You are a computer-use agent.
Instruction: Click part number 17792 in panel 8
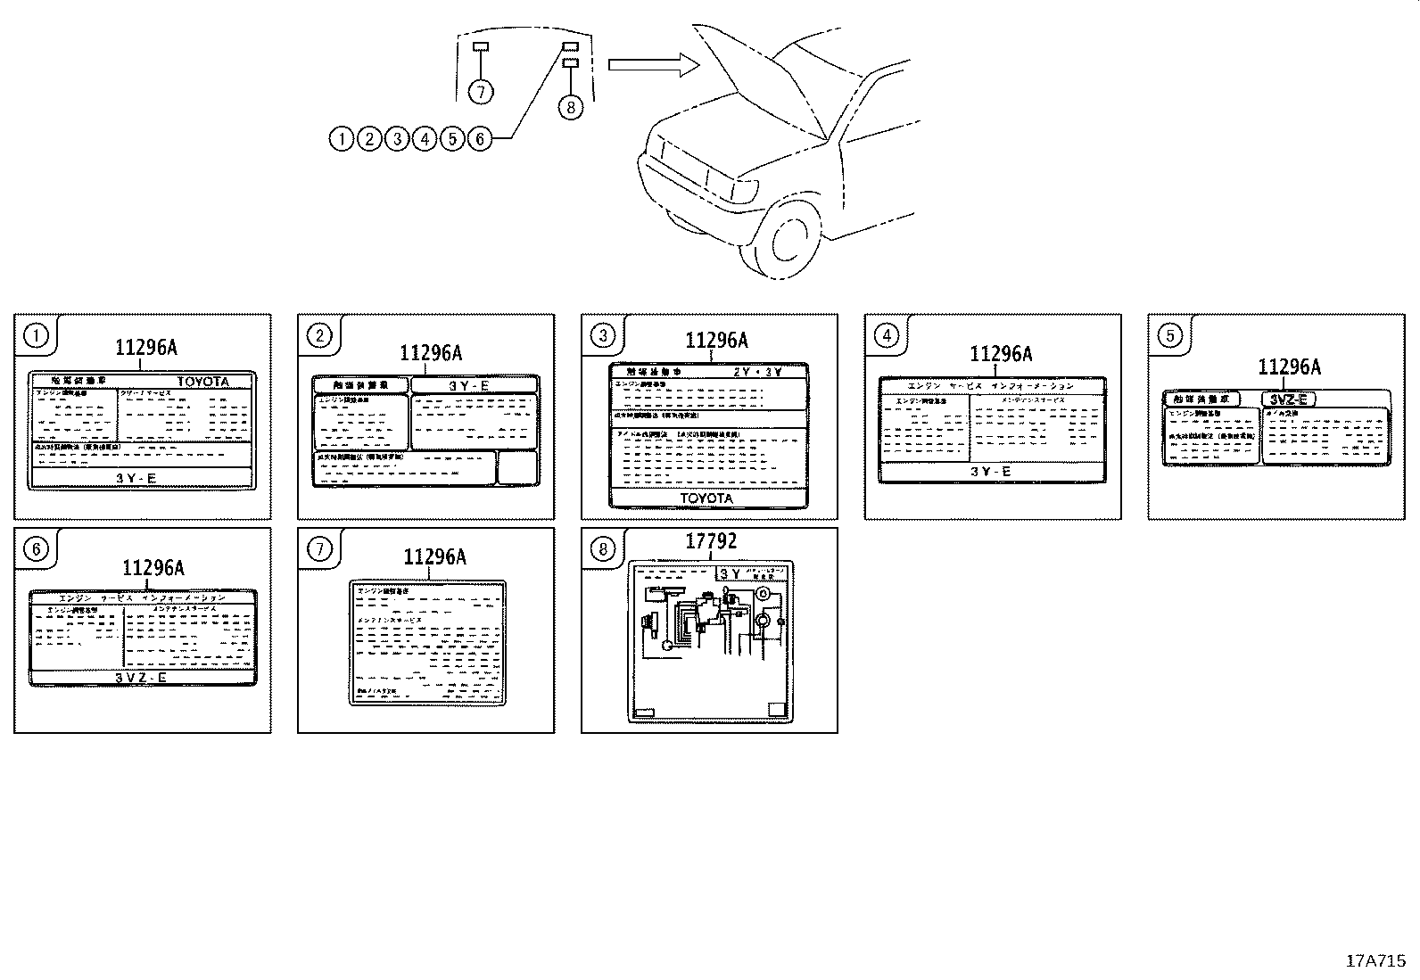(x=711, y=541)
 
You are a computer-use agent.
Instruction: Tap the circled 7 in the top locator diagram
(x=480, y=91)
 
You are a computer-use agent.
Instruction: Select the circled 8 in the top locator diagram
(x=570, y=107)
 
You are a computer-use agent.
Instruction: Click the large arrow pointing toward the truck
(x=650, y=63)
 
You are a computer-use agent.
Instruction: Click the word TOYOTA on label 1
(x=202, y=382)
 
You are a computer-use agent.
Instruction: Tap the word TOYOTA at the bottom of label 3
(x=706, y=498)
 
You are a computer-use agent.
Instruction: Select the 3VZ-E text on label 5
(x=1288, y=399)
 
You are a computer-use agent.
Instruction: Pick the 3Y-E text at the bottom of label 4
(x=991, y=472)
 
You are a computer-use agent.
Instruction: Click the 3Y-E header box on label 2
(x=475, y=385)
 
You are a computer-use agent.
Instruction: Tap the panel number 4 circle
(x=886, y=335)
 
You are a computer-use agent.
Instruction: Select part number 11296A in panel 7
(x=434, y=557)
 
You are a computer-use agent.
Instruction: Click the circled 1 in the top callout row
(x=341, y=138)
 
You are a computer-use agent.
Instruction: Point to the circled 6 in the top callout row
(x=480, y=138)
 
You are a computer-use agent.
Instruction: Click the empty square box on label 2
(x=517, y=467)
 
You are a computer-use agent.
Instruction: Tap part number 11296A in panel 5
(x=1289, y=366)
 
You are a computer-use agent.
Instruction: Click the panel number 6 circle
(x=36, y=548)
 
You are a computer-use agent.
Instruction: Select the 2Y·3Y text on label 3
(x=757, y=371)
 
